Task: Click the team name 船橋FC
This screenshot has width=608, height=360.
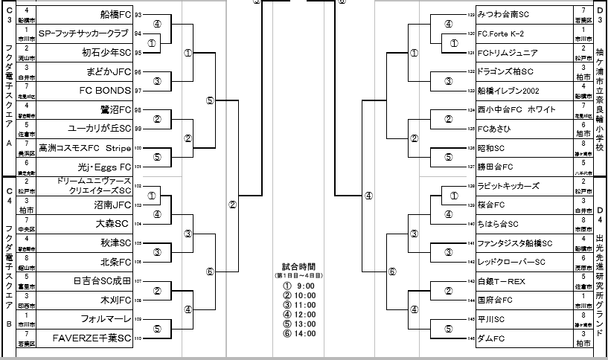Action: [115, 14]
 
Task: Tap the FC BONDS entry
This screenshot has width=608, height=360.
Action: [105, 91]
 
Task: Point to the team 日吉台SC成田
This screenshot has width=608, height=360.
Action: [102, 280]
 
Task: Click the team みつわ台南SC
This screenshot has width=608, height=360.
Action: [503, 14]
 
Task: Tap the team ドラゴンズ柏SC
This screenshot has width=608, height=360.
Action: [505, 71]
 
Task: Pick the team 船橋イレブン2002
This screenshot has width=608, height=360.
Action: [510, 91]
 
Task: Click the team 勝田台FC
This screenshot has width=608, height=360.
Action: [495, 167]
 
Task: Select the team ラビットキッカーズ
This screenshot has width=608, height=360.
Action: [508, 186]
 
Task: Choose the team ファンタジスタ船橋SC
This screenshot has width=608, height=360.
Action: [514, 242]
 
